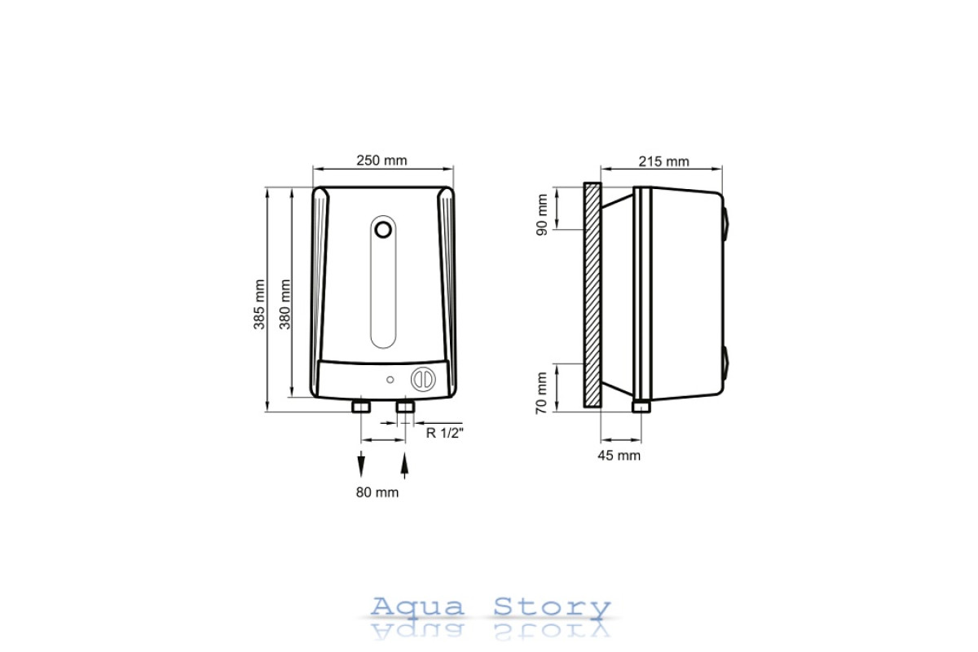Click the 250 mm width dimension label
381,161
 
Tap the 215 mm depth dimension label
663,161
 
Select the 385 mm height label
259,304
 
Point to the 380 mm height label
285,304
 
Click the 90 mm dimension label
541,215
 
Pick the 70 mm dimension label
541,393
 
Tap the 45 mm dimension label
619,456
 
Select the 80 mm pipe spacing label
377,492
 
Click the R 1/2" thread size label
444,433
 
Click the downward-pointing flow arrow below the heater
361,464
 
